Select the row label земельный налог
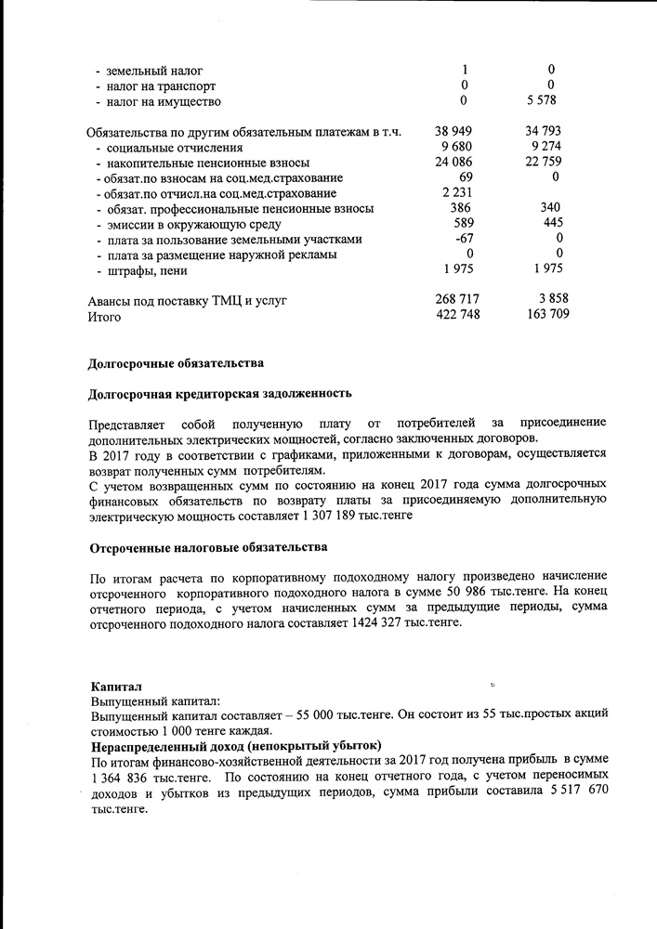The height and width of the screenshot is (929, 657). [x=154, y=71]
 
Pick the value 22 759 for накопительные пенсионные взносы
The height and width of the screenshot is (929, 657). [x=543, y=163]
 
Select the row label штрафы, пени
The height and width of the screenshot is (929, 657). [x=147, y=270]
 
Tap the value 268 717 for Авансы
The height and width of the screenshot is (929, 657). [x=457, y=299]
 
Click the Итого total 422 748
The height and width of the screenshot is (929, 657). [x=457, y=315]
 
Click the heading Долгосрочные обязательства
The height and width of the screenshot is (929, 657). [x=176, y=362]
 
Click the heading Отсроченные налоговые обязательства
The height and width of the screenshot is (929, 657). [x=208, y=547]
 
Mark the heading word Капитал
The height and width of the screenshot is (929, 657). [x=116, y=685]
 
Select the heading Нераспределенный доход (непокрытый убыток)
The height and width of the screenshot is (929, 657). [x=236, y=745]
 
